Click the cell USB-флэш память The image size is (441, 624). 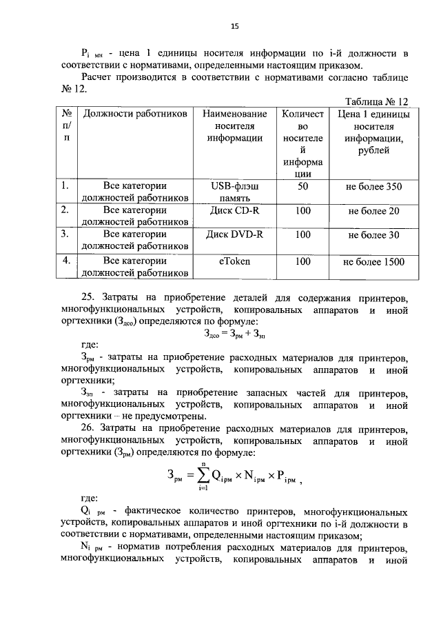point(234,192)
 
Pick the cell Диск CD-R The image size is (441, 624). point(234,210)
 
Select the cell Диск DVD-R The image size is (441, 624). point(234,234)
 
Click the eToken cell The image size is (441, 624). point(234,261)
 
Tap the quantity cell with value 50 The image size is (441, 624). point(302,186)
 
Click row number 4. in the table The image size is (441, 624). point(67,261)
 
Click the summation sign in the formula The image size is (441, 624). point(203,476)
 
